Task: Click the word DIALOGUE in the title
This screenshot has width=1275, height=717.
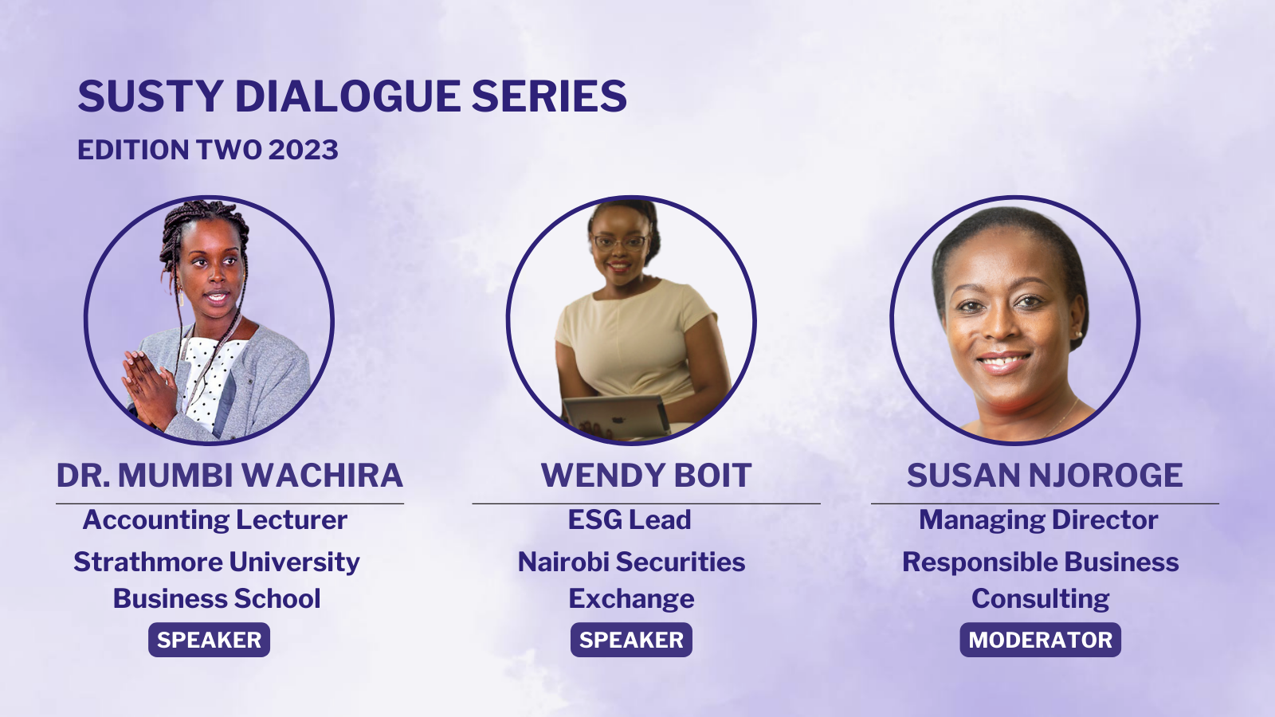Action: pos(347,96)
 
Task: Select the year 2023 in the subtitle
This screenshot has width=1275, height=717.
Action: pos(303,150)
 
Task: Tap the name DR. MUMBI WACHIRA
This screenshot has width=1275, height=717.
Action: pos(229,475)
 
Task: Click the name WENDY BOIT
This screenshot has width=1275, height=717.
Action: pos(646,475)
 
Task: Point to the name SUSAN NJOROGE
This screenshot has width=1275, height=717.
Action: pos(1045,475)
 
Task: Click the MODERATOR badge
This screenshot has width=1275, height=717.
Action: pos(1040,640)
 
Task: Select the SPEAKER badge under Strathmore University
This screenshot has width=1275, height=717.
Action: pos(209,640)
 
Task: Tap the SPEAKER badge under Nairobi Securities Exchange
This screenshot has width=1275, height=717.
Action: pos(631,640)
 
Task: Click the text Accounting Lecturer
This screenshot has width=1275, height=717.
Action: pos(215,520)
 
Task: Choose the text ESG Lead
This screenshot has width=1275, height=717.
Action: pos(630,519)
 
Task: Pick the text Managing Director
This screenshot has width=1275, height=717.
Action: pos(1038,520)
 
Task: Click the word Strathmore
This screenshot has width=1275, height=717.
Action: pos(148,562)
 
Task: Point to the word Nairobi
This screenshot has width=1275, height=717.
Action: pos(563,562)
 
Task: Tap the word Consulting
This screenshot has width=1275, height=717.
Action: pos(1040,599)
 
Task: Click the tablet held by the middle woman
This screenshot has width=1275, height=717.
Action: pos(616,417)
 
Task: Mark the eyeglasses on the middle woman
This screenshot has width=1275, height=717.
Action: pos(621,242)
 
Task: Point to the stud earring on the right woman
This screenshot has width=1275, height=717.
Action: pos(1077,335)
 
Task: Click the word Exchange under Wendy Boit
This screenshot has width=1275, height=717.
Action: pos(631,599)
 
